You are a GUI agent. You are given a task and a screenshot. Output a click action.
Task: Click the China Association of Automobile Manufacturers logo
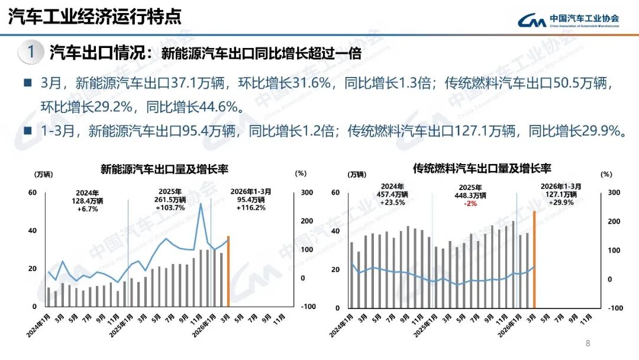568,20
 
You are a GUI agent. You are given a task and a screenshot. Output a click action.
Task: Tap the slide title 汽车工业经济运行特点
95,17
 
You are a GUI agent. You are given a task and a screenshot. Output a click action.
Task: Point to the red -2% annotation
471,204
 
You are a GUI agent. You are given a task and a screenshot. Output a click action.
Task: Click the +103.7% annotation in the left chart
170,208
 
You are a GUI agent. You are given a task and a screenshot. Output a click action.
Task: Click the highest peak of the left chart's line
201,204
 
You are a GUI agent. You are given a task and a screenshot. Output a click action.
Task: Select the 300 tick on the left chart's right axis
307,192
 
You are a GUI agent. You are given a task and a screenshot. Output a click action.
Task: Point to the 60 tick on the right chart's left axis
335,192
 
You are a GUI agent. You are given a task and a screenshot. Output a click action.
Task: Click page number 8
588,343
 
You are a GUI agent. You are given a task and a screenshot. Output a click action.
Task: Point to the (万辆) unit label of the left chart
43,174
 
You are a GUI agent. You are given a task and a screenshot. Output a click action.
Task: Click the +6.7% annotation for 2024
88,208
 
